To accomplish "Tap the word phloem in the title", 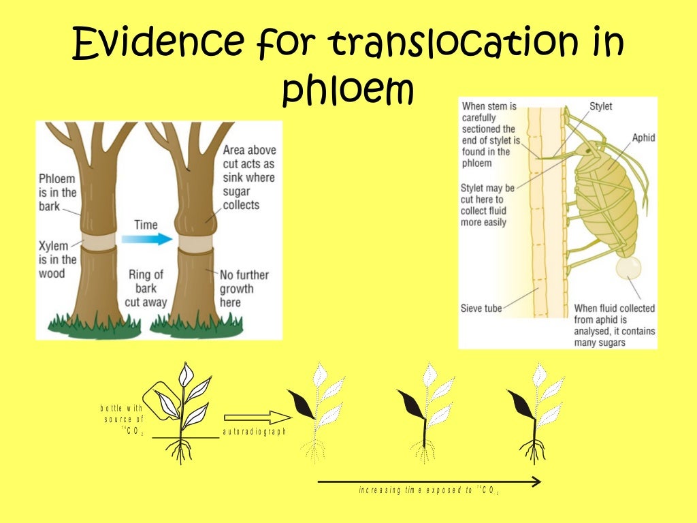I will tap(348, 91).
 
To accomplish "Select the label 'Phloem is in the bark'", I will tap(58, 193).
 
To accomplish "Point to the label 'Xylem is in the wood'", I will tap(58, 259).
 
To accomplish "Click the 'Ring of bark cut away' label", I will tap(146, 288).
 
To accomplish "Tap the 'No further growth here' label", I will tap(244, 288).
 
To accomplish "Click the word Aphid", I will tap(643, 138).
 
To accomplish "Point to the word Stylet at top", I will tap(600, 106).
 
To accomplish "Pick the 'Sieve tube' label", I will tap(481, 308).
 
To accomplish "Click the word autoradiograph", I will tap(255, 432).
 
